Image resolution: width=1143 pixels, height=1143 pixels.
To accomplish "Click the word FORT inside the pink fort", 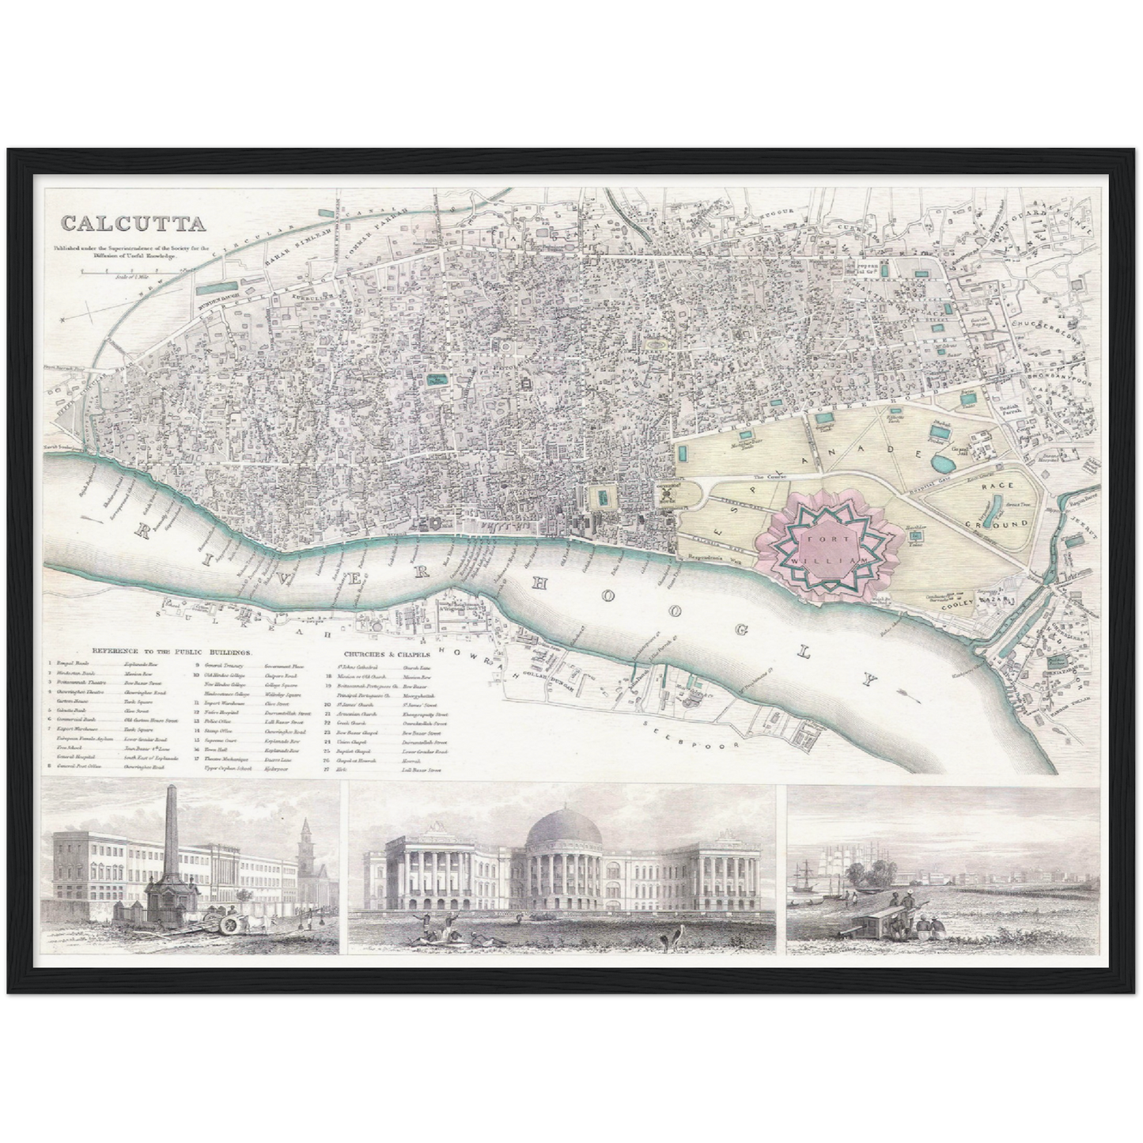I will pyautogui.click(x=815, y=535).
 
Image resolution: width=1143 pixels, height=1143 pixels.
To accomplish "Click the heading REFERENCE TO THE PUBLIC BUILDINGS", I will pyautogui.click(x=172, y=652).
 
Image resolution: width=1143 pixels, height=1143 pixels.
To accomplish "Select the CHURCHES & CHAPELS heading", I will pyautogui.click(x=387, y=655).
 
